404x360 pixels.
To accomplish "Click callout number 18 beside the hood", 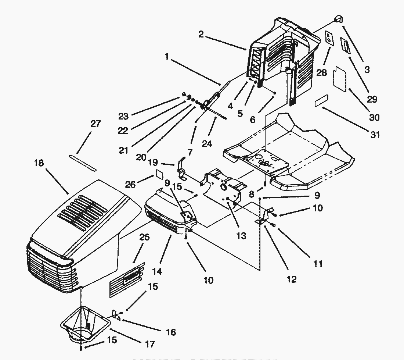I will [x=39, y=163].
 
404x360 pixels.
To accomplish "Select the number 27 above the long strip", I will [x=95, y=124].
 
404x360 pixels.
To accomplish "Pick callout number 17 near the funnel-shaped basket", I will [x=150, y=344].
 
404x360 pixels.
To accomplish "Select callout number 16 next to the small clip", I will [x=171, y=332].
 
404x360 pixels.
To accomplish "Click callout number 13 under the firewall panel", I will [x=241, y=235].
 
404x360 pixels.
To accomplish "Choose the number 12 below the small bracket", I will [x=291, y=279].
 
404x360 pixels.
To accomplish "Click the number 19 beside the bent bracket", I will [x=153, y=162].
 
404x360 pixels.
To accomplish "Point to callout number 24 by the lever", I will [x=207, y=144].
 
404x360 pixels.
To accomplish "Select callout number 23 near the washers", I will [x=123, y=116].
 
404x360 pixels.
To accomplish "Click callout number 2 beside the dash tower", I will [x=201, y=34].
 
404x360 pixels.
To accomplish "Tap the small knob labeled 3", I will [x=338, y=19].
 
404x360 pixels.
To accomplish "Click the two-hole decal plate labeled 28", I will [x=329, y=38].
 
